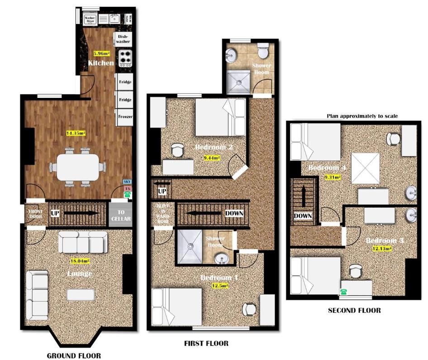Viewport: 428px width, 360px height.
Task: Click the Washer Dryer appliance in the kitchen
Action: (90, 19)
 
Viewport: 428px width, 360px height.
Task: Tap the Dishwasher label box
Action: (123, 39)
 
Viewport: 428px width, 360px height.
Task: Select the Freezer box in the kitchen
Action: (125, 117)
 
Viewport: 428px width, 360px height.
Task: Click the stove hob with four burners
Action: (124, 58)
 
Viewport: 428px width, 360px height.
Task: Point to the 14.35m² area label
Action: (76, 133)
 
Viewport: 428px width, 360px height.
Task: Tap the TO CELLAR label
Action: (121, 216)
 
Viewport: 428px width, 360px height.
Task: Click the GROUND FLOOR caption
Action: (74, 355)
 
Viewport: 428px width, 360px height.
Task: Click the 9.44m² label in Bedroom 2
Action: (212, 158)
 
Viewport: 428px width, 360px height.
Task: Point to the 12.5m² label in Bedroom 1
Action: (220, 286)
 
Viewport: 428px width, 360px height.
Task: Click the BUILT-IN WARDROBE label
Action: (162, 213)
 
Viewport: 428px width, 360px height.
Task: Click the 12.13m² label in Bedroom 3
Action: (382, 248)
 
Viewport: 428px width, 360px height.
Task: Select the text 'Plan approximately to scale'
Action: (362, 116)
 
